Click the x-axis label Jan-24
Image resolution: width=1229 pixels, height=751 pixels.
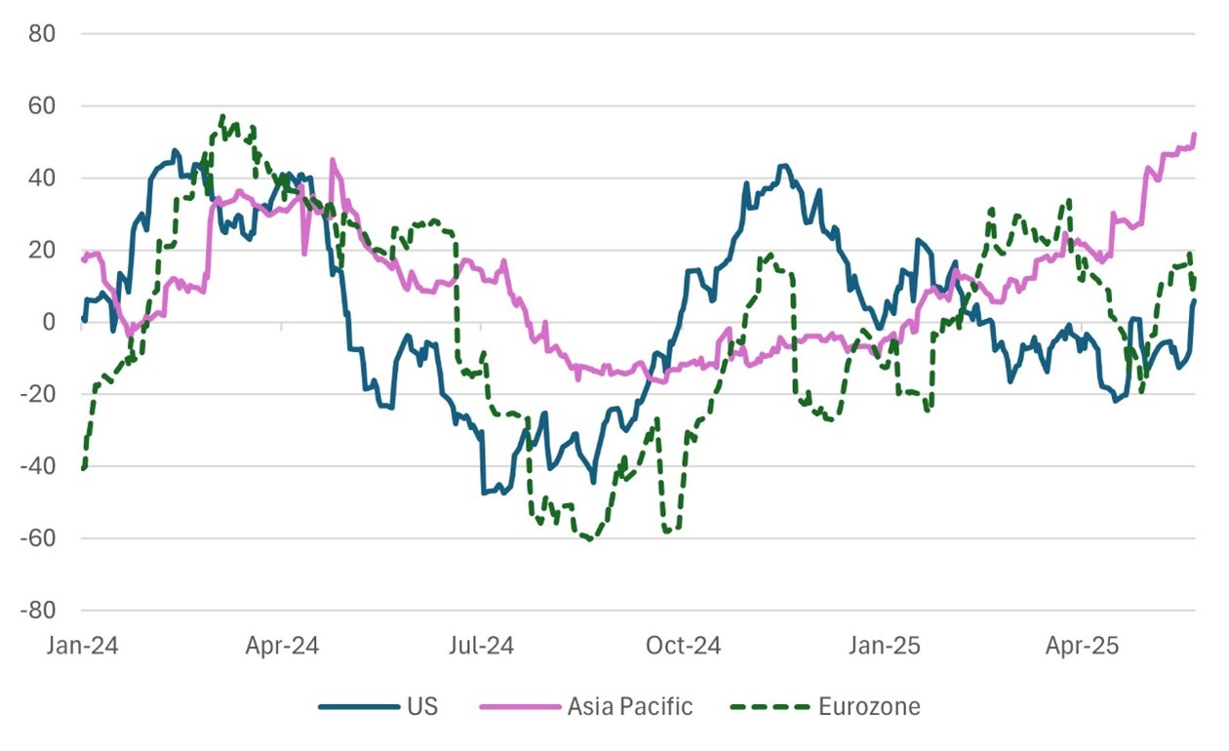[83, 646]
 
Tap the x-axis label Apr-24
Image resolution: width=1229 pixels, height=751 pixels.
[282, 646]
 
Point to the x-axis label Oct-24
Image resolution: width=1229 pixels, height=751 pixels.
[683, 646]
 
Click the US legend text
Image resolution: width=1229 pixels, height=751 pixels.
[422, 706]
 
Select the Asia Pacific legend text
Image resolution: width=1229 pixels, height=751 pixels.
[630, 706]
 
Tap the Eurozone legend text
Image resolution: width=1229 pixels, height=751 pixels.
[869, 706]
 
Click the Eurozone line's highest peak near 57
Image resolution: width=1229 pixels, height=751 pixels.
[222, 116]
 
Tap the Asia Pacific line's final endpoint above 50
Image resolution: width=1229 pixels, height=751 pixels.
[1194, 135]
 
